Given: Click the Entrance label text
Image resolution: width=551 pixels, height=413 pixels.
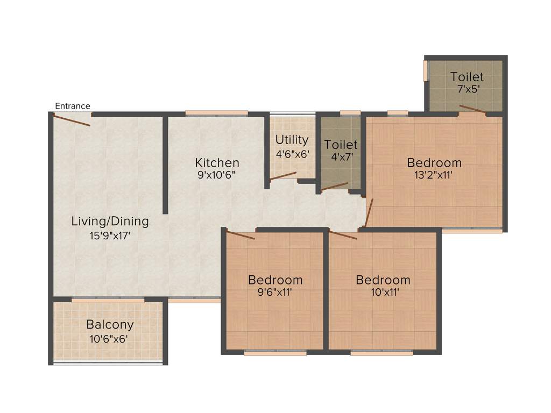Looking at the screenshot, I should point(73,106).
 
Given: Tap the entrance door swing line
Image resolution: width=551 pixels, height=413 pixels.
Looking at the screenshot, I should point(72,120).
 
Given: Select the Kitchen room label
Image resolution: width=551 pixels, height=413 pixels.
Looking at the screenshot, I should point(217,162).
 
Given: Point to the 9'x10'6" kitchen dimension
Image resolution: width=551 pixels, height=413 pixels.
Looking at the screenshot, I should point(217,175).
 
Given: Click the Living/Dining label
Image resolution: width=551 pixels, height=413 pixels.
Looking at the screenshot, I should point(110,221).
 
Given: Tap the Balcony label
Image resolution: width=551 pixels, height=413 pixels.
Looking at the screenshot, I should point(110,325).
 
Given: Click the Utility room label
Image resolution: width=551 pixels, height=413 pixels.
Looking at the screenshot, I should point(292,140).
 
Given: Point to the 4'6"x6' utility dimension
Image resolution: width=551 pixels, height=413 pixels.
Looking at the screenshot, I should point(292,154).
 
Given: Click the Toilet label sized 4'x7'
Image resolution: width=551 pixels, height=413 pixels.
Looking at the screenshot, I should point(341,145).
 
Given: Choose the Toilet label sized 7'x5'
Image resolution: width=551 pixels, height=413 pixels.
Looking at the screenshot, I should point(467,77).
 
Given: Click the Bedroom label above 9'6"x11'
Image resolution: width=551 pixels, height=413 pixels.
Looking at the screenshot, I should point(275,280).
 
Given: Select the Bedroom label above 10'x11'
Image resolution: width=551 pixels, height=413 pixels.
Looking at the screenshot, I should point(383,280).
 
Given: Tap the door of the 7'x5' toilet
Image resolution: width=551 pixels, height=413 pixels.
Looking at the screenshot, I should point(472,110).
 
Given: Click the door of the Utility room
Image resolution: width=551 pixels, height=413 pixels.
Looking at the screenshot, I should point(284,176).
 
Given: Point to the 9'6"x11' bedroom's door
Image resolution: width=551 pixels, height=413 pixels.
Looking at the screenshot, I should point(240,235).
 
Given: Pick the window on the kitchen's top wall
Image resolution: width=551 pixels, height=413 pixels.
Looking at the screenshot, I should point(216,113).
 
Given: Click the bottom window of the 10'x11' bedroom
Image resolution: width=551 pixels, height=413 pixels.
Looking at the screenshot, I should point(382,353).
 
